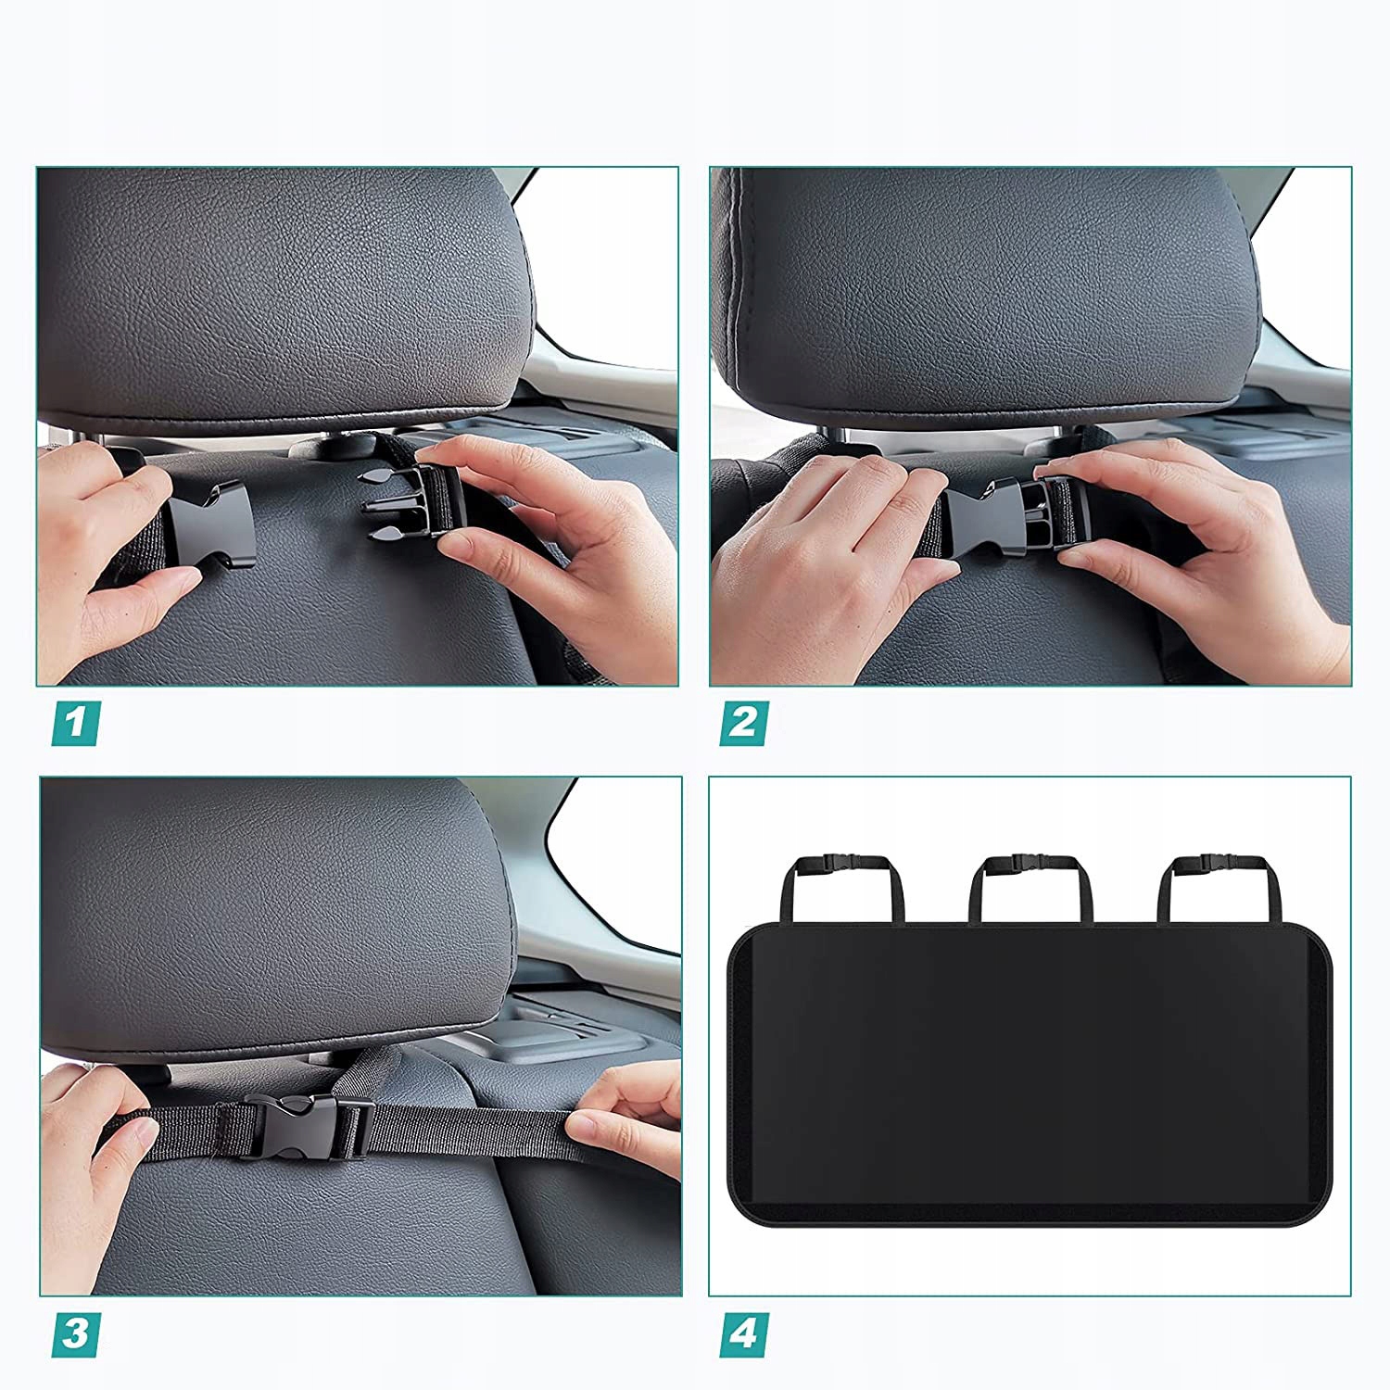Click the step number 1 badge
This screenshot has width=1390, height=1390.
76,723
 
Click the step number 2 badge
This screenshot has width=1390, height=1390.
743,723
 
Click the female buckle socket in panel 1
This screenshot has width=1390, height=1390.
210,525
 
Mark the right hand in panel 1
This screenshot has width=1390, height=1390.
542,547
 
